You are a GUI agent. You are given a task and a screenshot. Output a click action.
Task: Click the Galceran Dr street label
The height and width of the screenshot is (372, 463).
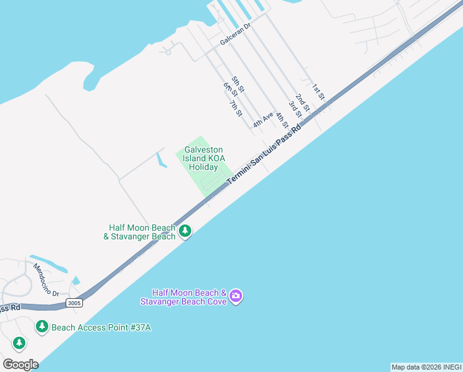234,38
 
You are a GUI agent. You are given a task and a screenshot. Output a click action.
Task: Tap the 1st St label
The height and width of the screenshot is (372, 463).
318,91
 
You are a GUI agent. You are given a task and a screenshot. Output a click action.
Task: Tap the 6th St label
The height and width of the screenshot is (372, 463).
230,89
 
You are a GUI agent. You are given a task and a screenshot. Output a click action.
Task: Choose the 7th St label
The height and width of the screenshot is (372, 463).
235,108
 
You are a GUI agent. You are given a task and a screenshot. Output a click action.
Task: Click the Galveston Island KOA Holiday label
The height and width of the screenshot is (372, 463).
203,158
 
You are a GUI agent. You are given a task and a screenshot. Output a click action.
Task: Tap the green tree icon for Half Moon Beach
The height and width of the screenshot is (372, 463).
185,231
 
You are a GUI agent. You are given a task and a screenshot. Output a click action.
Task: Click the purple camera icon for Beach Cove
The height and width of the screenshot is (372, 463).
235,296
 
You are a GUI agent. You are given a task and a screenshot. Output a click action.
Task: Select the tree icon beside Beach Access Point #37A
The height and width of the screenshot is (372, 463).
42,326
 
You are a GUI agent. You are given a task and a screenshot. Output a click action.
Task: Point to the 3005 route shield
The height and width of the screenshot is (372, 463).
74,303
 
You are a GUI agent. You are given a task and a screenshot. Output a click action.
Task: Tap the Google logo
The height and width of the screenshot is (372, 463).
20,364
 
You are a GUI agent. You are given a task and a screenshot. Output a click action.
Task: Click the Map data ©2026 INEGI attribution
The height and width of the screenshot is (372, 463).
426,367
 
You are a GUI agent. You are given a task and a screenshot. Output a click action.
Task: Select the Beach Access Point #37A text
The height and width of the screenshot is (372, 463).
101,327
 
